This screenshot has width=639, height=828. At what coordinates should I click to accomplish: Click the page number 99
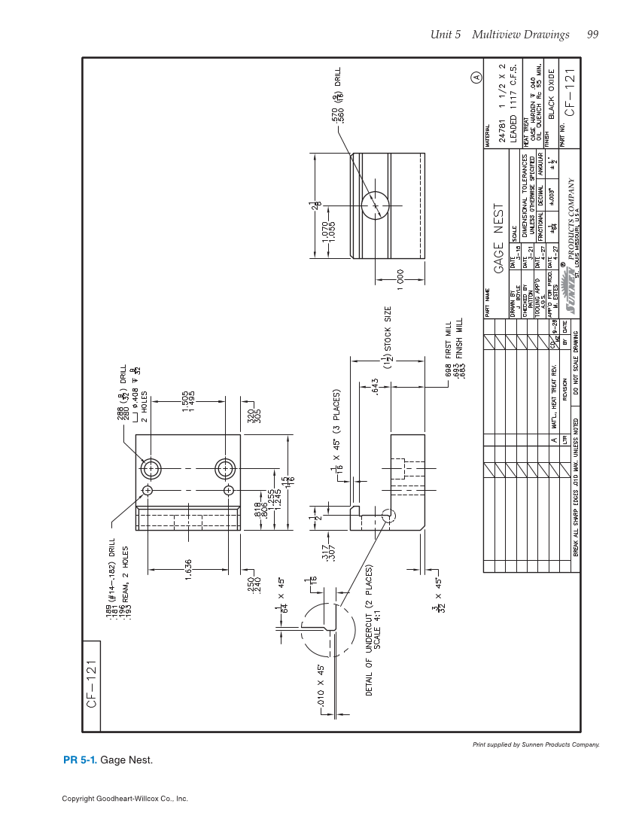click(x=592, y=35)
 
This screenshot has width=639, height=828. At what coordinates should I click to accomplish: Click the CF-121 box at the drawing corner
click(x=90, y=685)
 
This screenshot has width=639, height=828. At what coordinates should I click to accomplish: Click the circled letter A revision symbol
click(x=476, y=77)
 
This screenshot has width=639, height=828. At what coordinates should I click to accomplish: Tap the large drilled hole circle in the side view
click(x=375, y=203)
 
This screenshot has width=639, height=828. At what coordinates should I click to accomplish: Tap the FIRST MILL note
click(x=449, y=339)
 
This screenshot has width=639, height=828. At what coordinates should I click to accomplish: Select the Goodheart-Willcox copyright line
click(x=125, y=799)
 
